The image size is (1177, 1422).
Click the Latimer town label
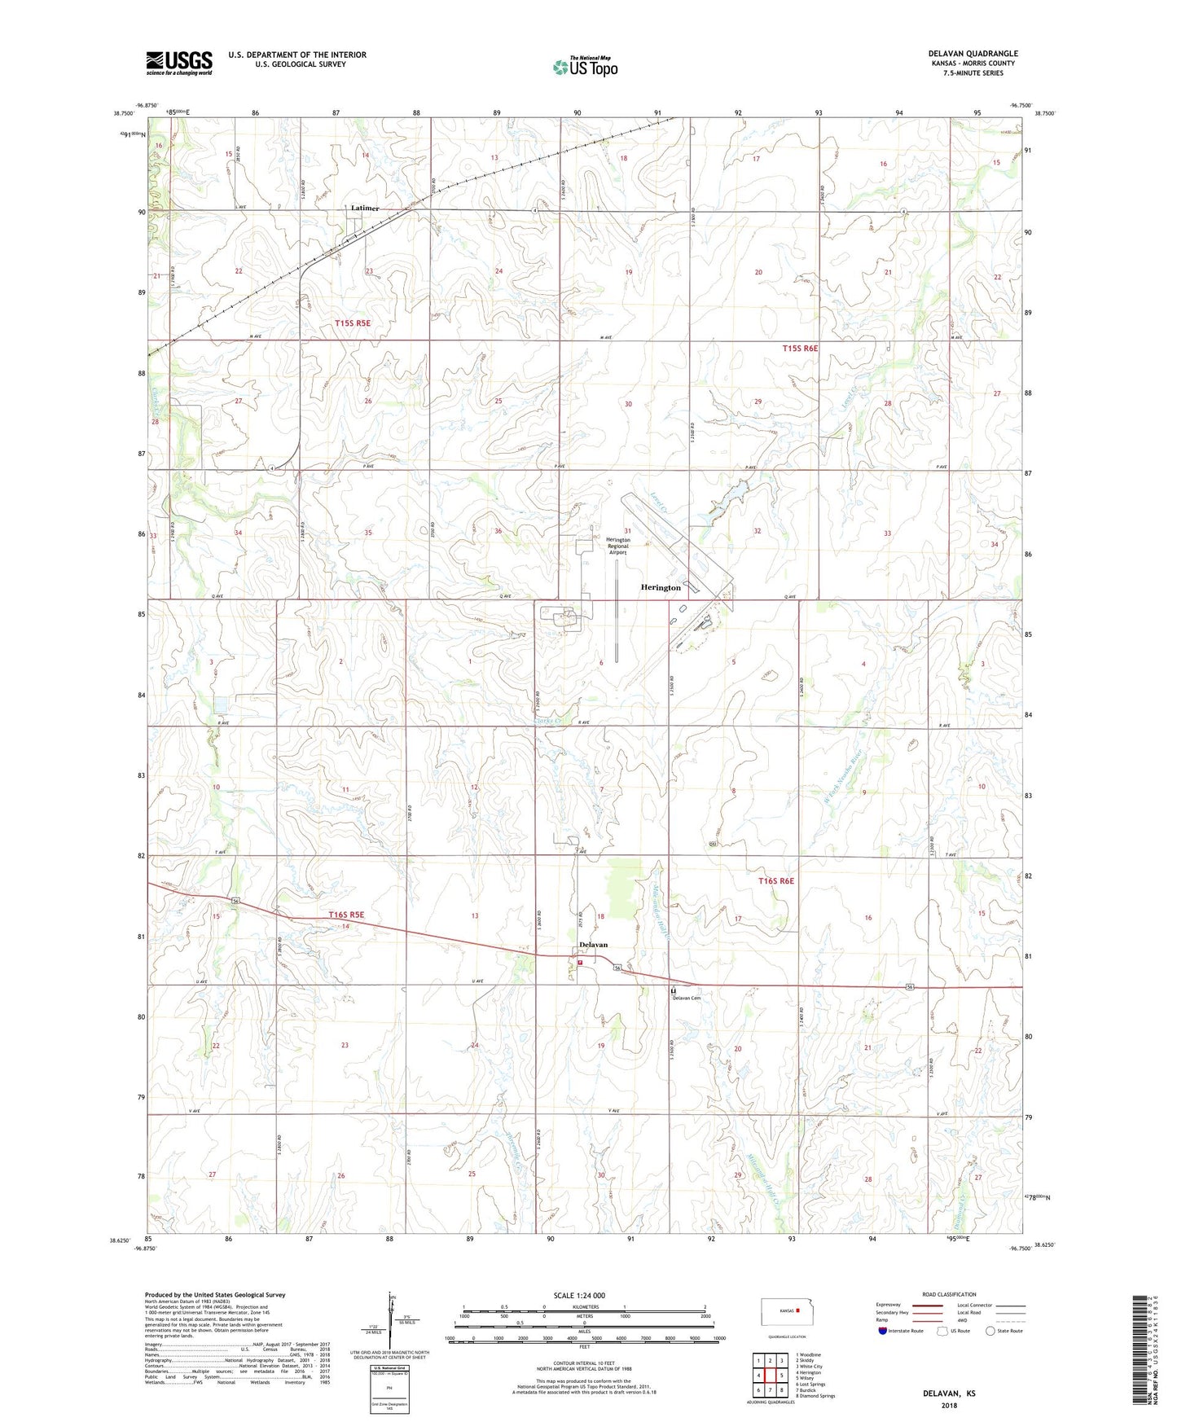pos(364,208)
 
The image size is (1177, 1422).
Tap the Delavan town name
pos(593,944)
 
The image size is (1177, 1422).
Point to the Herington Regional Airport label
pos(617,546)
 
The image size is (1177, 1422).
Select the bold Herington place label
pos(660,587)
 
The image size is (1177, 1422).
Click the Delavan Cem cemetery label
pos(686,998)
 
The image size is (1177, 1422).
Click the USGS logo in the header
pos(179,63)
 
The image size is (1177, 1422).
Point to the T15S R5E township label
pos(353,323)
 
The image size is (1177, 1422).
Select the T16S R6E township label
pos(775,880)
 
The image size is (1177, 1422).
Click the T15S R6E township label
pos(800,348)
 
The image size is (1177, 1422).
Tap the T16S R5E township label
pos(346,915)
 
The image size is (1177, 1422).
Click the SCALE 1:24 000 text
pos(579,1295)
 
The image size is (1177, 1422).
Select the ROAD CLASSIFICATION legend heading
pos(950,1294)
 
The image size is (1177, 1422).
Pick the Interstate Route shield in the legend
pos(883,1331)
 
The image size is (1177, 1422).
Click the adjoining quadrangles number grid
pos(769,1376)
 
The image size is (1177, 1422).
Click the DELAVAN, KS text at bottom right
pos(949,1393)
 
